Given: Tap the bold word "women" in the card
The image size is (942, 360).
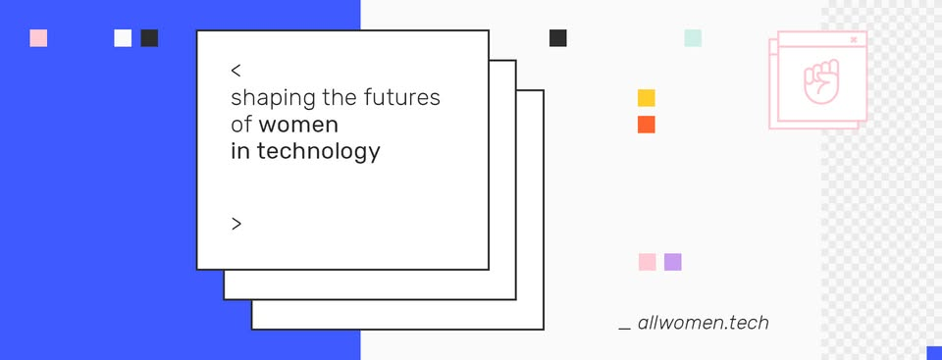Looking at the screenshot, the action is [x=298, y=125].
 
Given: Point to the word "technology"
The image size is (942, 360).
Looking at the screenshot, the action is [x=318, y=152].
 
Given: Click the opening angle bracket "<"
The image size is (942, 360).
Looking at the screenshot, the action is [x=236, y=71].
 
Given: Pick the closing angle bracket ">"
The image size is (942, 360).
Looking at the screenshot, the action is [x=236, y=225].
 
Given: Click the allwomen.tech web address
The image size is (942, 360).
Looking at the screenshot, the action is [x=703, y=323].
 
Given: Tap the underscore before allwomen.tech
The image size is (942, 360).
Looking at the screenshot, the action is [x=625, y=330].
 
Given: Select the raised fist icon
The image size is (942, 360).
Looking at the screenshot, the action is [x=821, y=80].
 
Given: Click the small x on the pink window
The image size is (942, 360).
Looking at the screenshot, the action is [x=854, y=39].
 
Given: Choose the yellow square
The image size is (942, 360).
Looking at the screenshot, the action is [x=647, y=98].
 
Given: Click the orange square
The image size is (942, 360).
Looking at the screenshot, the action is [x=647, y=125].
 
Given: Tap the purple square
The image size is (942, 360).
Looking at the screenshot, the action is [x=673, y=262].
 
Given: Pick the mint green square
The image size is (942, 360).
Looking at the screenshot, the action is [x=693, y=38].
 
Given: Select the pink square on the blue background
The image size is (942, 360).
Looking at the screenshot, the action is [x=38, y=38].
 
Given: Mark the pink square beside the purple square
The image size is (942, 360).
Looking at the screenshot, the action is [x=647, y=262].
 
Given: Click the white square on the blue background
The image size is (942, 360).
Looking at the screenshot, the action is [x=123, y=38].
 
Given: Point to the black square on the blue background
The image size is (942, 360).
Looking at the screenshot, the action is [x=149, y=38].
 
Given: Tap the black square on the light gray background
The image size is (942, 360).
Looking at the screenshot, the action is [x=557, y=38].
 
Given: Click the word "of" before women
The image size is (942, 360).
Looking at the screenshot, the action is [x=241, y=125].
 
